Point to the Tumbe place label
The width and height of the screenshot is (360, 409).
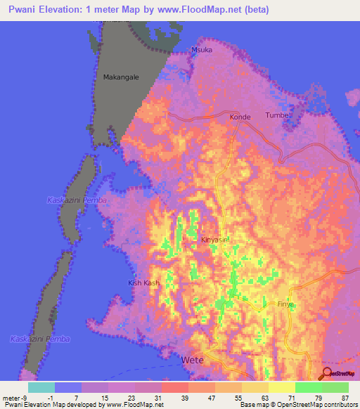[276, 115]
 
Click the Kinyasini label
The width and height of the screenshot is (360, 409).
[217, 240]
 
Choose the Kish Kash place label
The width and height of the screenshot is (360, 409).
[143, 283]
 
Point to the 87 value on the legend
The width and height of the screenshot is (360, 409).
[348, 398]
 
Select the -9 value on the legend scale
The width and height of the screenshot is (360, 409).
[25, 398]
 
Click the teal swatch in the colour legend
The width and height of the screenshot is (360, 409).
[41, 387]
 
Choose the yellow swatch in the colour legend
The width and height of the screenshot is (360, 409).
[281, 387]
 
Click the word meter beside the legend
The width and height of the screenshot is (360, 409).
[11, 398]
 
